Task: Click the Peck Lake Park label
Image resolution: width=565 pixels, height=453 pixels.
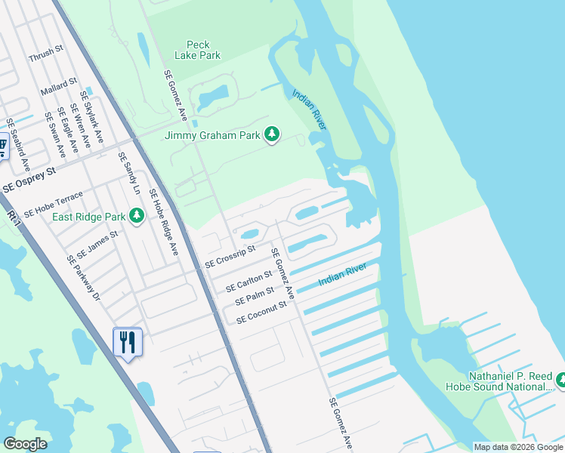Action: pos(198,50)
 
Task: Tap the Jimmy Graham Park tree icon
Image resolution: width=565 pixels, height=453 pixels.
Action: pos(272,135)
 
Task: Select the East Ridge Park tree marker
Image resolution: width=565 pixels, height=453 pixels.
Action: pos(137,217)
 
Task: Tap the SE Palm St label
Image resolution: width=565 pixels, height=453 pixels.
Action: pos(253,294)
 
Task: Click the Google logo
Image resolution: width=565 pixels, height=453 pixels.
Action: pos(25,444)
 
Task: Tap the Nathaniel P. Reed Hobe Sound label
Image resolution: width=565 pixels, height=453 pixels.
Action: pos(500,381)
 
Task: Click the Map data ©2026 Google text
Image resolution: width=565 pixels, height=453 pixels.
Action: pos(518,447)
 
